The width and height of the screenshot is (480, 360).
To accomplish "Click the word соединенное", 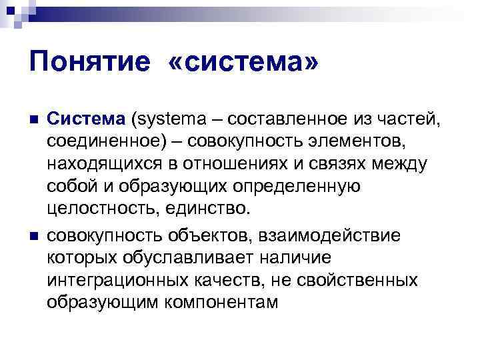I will point(107,142).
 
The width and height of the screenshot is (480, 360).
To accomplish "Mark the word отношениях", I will point(257,164).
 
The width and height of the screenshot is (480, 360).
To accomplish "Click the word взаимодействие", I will point(341,235).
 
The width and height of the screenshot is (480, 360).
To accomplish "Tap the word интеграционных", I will point(121,280).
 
